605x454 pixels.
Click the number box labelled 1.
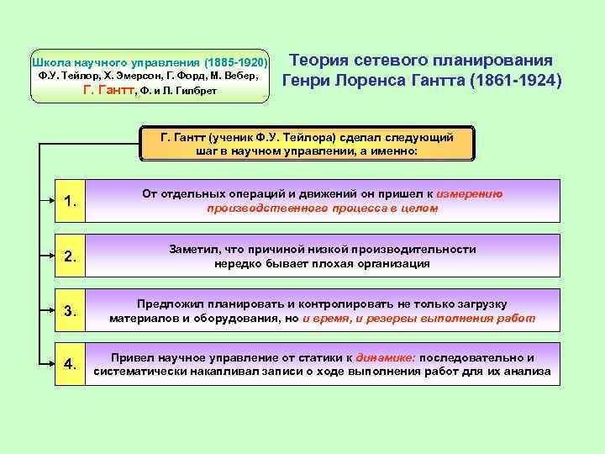point(71,201)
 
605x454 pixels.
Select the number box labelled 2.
point(71,256)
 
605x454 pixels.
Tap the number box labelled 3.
point(71,311)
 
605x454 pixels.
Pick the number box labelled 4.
point(71,364)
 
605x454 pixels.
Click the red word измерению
point(468,193)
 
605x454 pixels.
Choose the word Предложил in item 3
point(167,304)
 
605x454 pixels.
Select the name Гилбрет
point(197,92)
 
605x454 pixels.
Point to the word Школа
point(50,63)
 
